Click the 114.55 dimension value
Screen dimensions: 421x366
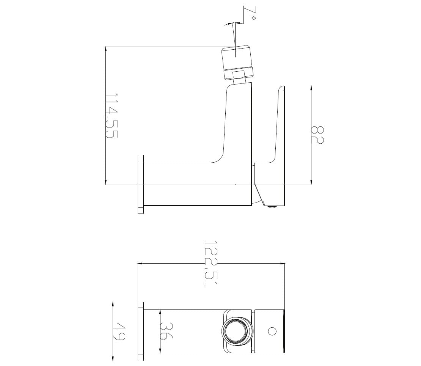111,116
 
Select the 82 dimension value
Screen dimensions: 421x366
317,135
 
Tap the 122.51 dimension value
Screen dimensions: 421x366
211,263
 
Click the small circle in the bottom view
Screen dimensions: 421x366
272,331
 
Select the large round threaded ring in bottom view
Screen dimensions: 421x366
237,331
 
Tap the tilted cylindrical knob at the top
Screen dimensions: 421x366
237,62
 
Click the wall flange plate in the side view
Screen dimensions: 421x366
140,184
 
